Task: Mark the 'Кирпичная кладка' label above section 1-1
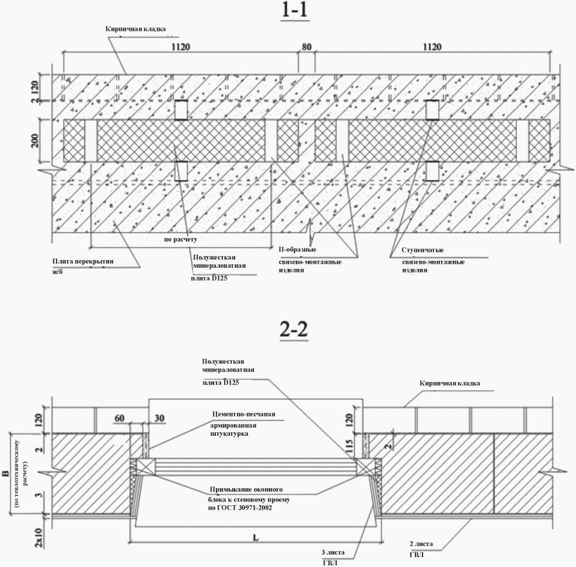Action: coord(131,29)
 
